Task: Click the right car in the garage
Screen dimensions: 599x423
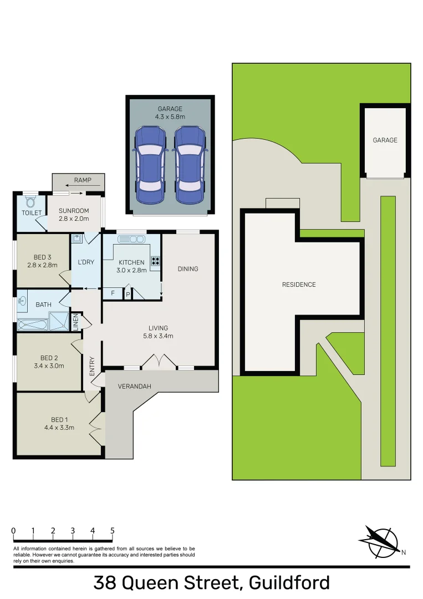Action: [188, 165]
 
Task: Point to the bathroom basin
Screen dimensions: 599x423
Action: [22, 302]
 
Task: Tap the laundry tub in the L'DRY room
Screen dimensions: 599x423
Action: [77, 240]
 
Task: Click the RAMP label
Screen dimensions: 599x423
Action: [83, 180]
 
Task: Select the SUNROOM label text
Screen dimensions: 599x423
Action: [74, 211]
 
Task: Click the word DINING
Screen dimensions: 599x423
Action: [187, 269]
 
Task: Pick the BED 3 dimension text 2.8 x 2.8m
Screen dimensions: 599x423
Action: [43, 265]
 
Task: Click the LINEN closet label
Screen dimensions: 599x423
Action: [75, 323]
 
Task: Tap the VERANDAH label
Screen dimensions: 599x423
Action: [134, 386]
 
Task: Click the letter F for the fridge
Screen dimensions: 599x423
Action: [113, 293]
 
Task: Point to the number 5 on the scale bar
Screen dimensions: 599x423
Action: [113, 531]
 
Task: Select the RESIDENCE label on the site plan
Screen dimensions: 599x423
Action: [299, 285]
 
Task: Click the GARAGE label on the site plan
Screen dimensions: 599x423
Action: [385, 140]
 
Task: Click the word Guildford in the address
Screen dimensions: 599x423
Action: [289, 583]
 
